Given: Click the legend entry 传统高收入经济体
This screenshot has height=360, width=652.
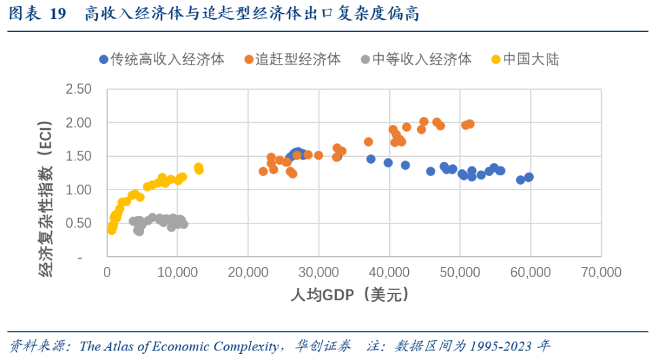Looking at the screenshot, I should click(162, 59).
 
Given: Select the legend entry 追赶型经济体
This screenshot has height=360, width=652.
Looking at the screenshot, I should click(293, 59).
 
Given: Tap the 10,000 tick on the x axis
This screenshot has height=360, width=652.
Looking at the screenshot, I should click(177, 272).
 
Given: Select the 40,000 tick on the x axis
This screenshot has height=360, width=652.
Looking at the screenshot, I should click(389, 272).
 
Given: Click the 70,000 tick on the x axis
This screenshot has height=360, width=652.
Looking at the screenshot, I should click(601, 272).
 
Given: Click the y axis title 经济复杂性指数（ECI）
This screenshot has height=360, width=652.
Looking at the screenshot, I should click(46, 199).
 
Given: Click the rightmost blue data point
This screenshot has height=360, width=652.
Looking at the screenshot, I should click(528, 177).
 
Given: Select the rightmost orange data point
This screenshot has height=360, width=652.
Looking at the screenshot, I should click(469, 124).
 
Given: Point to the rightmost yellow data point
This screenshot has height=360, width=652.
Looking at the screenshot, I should click(199, 169).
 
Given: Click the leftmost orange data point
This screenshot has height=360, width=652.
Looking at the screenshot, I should click(264, 171).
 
